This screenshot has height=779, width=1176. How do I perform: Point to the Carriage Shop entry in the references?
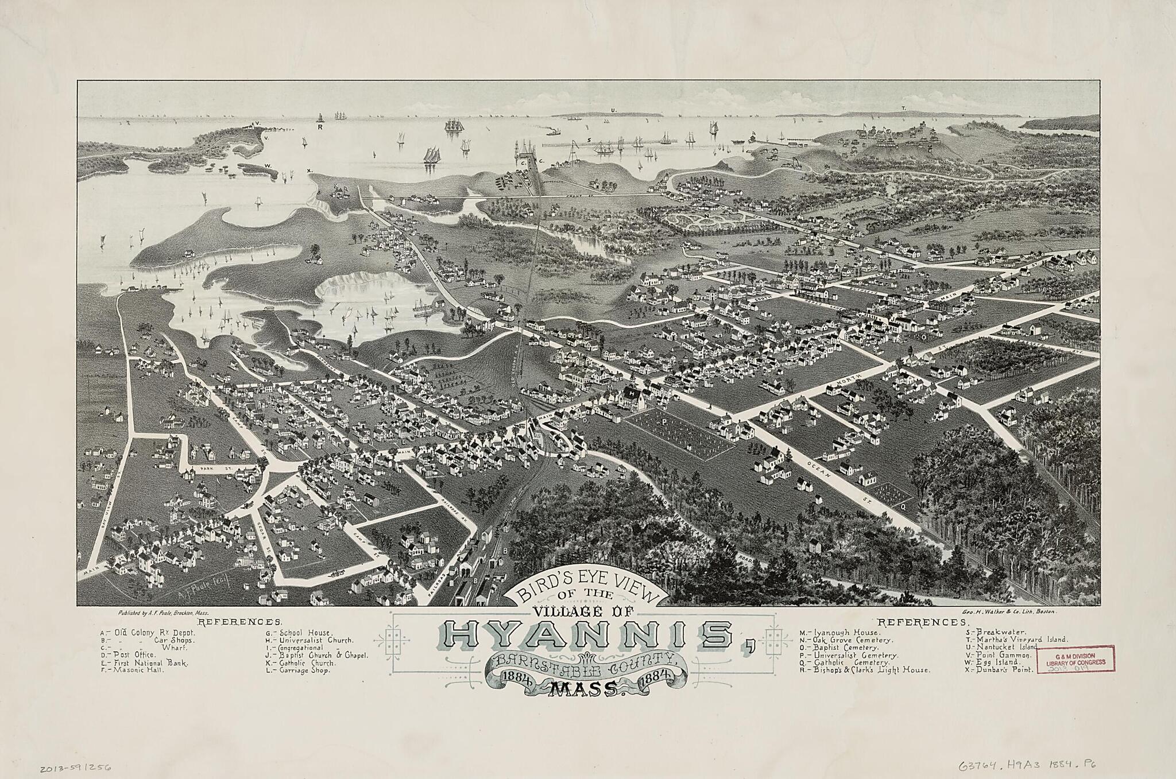pyautogui.click(x=301, y=670)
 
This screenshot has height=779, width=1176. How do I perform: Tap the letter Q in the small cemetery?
pyautogui.click(x=903, y=506)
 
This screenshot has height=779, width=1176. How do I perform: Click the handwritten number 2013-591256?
pyautogui.click(x=76, y=766)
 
